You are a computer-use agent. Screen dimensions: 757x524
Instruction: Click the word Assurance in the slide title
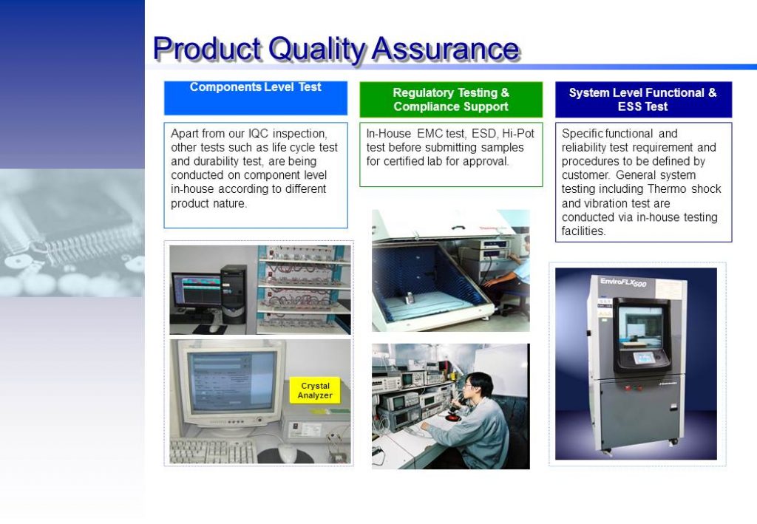point(446,50)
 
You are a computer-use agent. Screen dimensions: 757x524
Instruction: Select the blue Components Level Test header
point(255,98)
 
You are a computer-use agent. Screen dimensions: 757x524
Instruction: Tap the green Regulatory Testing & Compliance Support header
point(451,99)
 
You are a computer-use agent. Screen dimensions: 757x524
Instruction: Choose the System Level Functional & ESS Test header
point(643,99)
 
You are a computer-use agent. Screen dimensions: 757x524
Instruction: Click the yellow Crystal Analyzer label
point(315,390)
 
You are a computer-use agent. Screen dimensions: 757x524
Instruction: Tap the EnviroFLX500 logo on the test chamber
point(622,282)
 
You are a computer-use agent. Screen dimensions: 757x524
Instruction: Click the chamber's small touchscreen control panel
point(644,358)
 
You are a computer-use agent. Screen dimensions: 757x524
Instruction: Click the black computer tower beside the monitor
point(233,294)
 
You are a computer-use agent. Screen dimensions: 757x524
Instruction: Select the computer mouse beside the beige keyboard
point(288,453)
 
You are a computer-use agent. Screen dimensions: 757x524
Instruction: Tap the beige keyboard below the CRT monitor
point(213,451)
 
